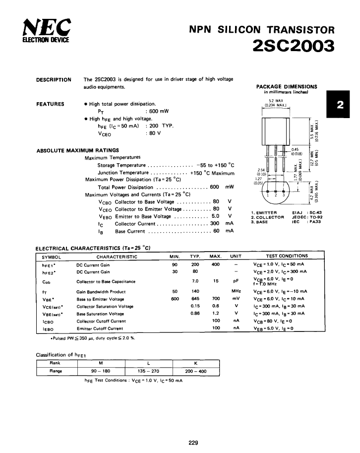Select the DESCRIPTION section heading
54,79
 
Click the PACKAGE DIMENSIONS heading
286,86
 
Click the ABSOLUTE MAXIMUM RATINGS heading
77,150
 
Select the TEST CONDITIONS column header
287,256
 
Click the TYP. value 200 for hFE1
195,264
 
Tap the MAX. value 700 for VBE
215,299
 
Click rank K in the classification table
195,362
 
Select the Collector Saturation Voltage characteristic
105,306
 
